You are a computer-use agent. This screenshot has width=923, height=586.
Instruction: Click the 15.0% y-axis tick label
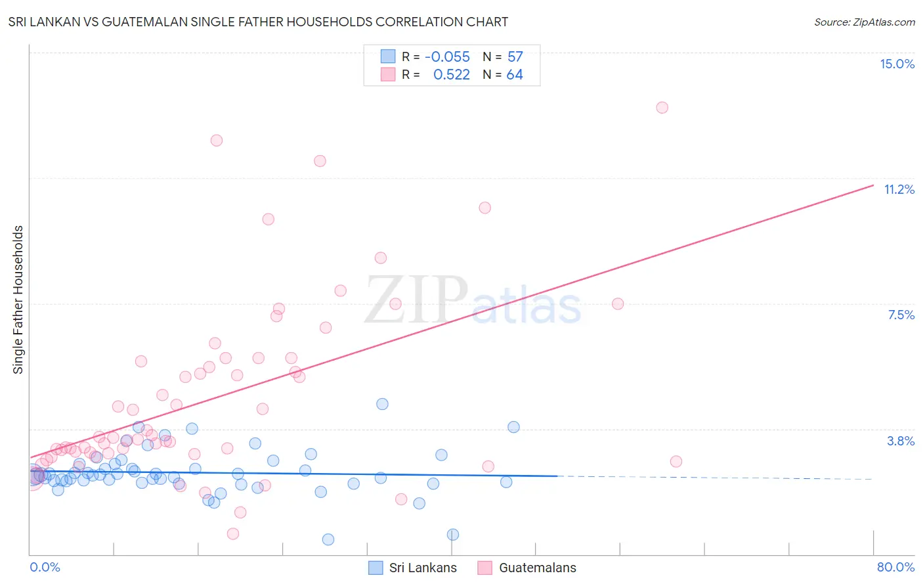[897, 64]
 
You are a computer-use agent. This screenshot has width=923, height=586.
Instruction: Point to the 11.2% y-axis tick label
[899, 189]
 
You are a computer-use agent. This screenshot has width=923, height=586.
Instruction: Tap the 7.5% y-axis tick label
[901, 315]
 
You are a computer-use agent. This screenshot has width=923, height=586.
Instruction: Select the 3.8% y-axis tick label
[901, 441]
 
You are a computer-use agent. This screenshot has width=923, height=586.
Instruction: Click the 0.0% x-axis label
[45, 567]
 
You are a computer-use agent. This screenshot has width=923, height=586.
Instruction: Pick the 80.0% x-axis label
[895, 567]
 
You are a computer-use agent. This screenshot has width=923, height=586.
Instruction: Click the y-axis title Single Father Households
[18, 300]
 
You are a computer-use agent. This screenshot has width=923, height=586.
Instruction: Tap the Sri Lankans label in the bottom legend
[423, 568]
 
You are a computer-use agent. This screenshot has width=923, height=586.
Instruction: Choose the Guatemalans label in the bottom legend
[537, 568]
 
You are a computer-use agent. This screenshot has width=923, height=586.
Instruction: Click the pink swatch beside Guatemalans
[484, 568]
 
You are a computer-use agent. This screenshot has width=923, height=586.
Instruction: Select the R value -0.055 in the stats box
[447, 57]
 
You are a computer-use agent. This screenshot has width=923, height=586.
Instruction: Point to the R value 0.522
[452, 75]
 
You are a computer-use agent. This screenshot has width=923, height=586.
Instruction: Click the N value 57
[515, 57]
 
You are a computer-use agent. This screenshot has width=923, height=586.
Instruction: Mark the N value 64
[515, 75]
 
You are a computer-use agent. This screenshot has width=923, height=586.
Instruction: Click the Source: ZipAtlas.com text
[864, 22]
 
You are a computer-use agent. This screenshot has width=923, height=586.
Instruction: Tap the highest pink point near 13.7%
[662, 107]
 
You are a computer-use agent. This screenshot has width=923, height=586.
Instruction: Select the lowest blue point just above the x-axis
[328, 539]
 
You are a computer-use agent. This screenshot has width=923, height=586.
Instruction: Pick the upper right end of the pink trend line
[873, 185]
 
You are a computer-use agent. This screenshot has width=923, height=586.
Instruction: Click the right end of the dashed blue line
[872, 479]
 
